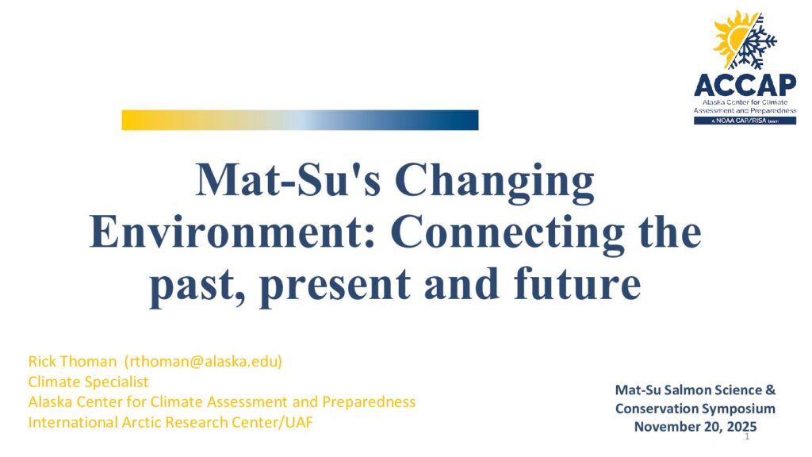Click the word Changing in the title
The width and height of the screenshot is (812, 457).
pyautogui.click(x=495, y=182)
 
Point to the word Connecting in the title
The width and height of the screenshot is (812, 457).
pyautogui.click(x=508, y=234)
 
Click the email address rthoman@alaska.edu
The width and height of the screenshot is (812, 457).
pyautogui.click(x=203, y=361)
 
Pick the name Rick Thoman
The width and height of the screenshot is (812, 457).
pyautogui.click(x=72, y=361)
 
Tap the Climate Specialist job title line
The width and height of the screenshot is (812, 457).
pyautogui.click(x=88, y=382)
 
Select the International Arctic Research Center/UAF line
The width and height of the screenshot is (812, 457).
pyautogui.click(x=170, y=422)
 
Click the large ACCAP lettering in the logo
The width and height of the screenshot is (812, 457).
pyautogui.click(x=745, y=85)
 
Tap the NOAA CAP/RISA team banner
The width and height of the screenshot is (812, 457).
pyautogui.click(x=745, y=121)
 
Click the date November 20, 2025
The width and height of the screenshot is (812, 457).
pyautogui.click(x=695, y=426)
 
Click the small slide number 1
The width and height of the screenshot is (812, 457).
pyautogui.click(x=747, y=437)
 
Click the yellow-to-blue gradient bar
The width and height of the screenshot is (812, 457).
pyautogui.click(x=300, y=120)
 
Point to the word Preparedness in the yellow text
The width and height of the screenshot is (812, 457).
pyautogui.click(x=369, y=402)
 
